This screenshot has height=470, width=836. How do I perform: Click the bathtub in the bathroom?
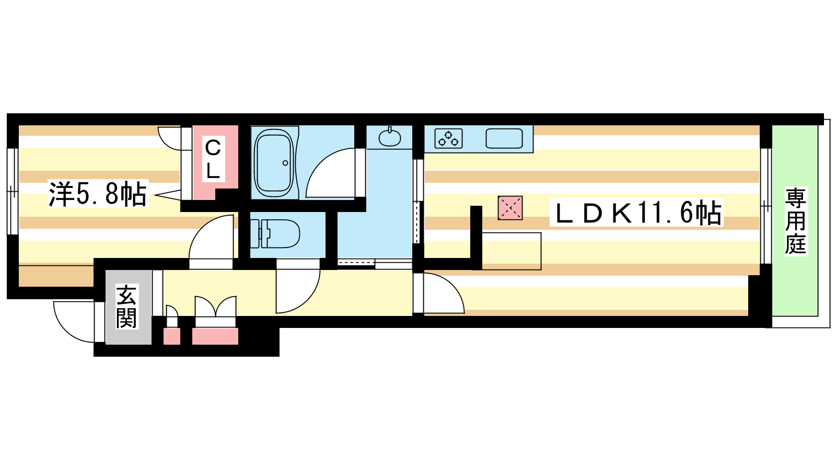274,162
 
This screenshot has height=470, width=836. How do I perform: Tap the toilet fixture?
275,234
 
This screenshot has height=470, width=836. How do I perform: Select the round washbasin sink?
390,138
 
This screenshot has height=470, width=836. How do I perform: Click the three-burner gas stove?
449,138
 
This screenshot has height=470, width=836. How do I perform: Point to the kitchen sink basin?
504,138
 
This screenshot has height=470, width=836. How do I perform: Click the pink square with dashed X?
510,208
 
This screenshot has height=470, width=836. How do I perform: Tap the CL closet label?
213,159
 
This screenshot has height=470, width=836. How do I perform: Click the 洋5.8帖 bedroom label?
98,194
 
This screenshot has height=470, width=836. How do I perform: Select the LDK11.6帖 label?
637,213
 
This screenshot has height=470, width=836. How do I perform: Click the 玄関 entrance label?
126,306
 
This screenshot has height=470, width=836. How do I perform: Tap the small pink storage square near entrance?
172,336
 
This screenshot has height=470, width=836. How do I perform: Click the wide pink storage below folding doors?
215,336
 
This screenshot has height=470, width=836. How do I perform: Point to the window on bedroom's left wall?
13,191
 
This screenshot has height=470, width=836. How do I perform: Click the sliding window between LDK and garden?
765,206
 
